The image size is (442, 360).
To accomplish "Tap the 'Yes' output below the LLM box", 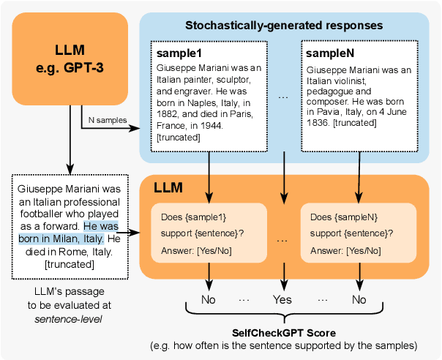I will tap(282, 299).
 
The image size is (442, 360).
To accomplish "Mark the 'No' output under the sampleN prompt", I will tap(359, 299).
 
